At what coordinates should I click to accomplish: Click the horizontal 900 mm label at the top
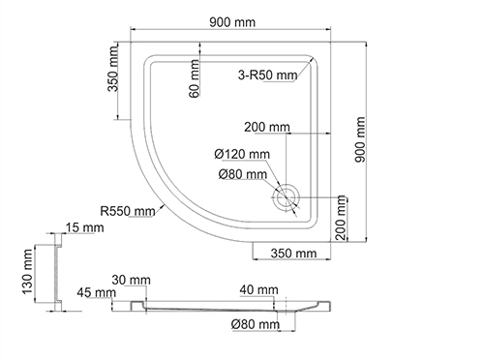pyautogui.click(x=232, y=22)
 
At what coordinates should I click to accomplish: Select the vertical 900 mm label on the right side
pyautogui.click(x=359, y=139)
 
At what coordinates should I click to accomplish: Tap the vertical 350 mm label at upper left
pyautogui.click(x=113, y=69)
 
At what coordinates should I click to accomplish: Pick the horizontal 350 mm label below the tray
pyautogui.click(x=293, y=254)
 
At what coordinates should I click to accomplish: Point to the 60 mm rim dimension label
pyautogui.click(x=195, y=78)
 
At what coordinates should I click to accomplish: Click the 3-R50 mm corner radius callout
pyautogui.click(x=267, y=75)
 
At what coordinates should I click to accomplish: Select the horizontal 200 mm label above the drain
pyautogui.click(x=267, y=127)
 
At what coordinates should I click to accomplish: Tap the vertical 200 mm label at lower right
pyautogui.click(x=341, y=218)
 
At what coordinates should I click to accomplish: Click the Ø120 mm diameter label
pyautogui.click(x=242, y=154)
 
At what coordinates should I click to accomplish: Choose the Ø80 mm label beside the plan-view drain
pyautogui.click(x=243, y=174)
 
